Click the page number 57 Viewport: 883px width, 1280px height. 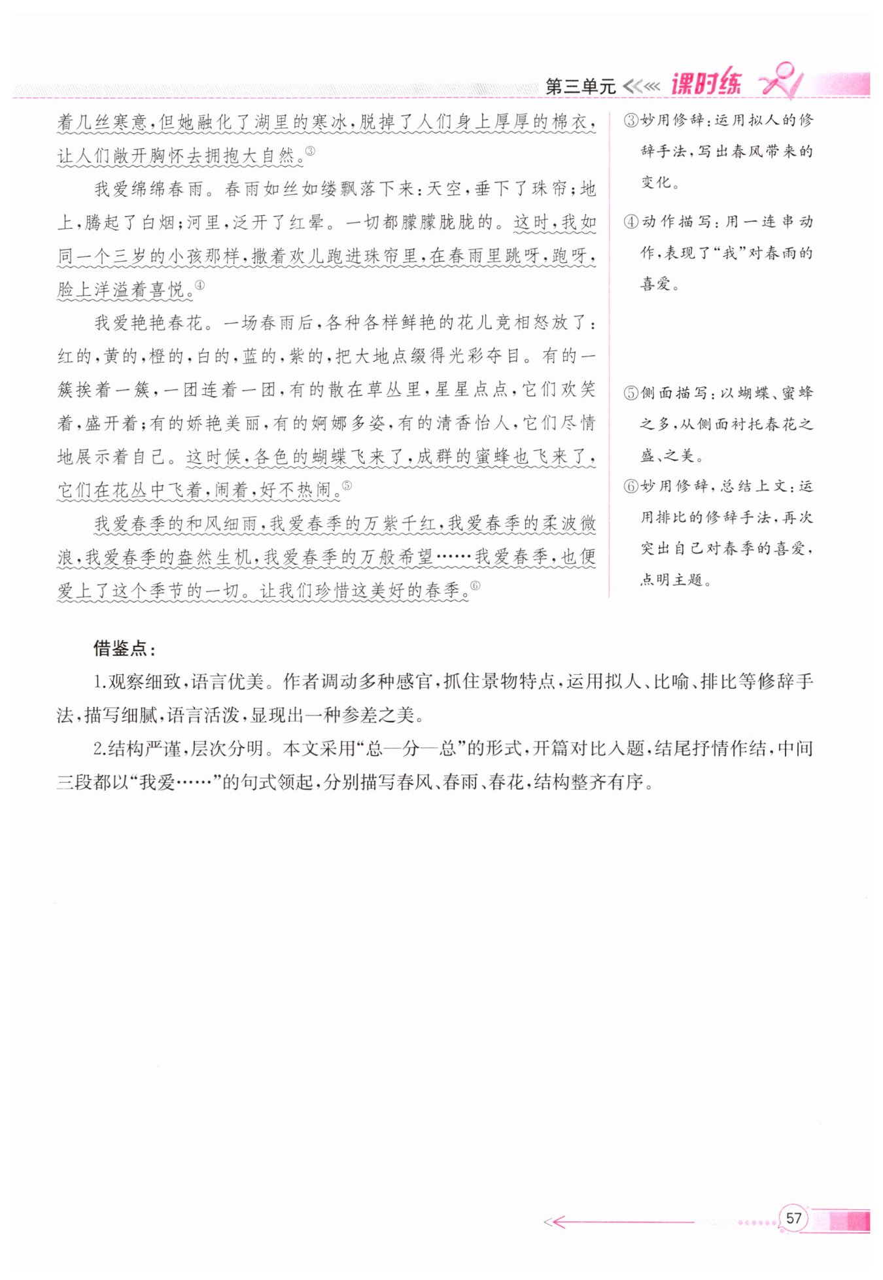click(x=793, y=1219)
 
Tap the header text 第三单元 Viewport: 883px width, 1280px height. click(x=580, y=86)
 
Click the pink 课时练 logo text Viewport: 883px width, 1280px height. click(x=706, y=84)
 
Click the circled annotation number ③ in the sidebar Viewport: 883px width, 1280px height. click(x=631, y=120)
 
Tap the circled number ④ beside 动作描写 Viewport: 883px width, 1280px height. click(x=631, y=222)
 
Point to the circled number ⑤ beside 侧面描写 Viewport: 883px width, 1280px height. click(x=631, y=393)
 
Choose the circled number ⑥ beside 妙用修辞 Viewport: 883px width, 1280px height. click(x=631, y=487)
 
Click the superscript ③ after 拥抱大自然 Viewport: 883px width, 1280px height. click(x=310, y=151)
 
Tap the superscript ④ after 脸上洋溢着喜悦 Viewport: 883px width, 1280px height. click(x=199, y=285)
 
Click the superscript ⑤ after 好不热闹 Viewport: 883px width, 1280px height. click(x=347, y=485)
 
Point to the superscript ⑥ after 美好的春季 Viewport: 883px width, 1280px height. click(x=475, y=585)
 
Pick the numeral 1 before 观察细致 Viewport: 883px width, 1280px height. click(x=99, y=682)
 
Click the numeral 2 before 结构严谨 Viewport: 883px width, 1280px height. click(x=99, y=749)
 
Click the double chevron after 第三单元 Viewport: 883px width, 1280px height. click(x=641, y=86)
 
